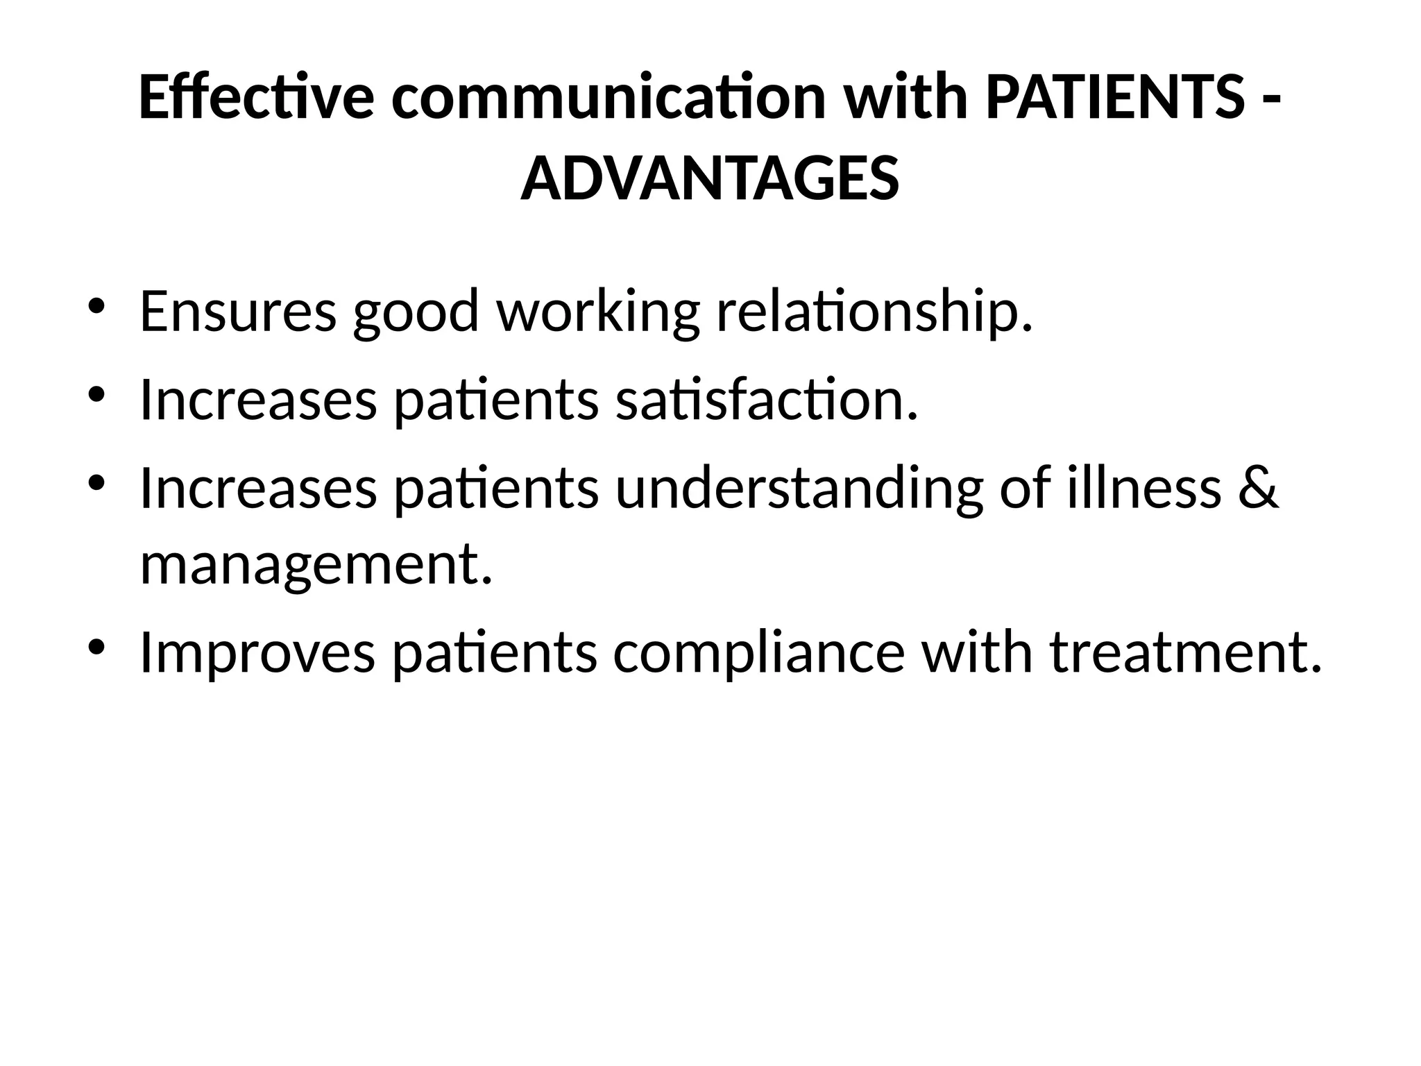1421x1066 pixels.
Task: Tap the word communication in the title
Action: [609, 99]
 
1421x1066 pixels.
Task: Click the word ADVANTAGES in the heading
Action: [710, 179]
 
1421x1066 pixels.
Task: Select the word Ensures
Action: [238, 311]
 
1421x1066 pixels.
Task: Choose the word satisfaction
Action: [767, 400]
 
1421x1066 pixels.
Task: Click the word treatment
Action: [1185, 654]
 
